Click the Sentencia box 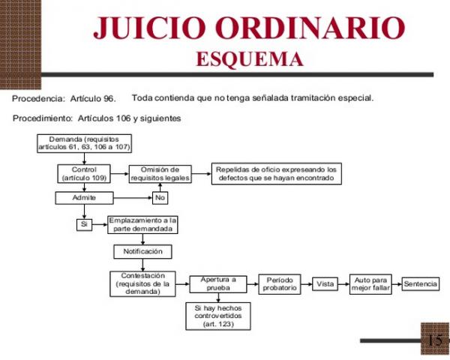421,284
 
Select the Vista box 325,284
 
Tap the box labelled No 160,198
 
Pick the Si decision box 84,224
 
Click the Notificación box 143,252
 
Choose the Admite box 84,198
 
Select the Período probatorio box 280,284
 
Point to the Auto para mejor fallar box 370,284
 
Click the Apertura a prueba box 218,284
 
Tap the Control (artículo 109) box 84,174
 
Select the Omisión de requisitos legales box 160,174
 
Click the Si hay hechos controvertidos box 218,316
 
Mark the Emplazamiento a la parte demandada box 142,225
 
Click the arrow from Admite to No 133,198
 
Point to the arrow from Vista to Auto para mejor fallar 343,284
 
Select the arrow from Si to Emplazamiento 100,224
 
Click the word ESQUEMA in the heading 250,59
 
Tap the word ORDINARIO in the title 310,28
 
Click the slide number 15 435,340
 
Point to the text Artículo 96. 93,98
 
